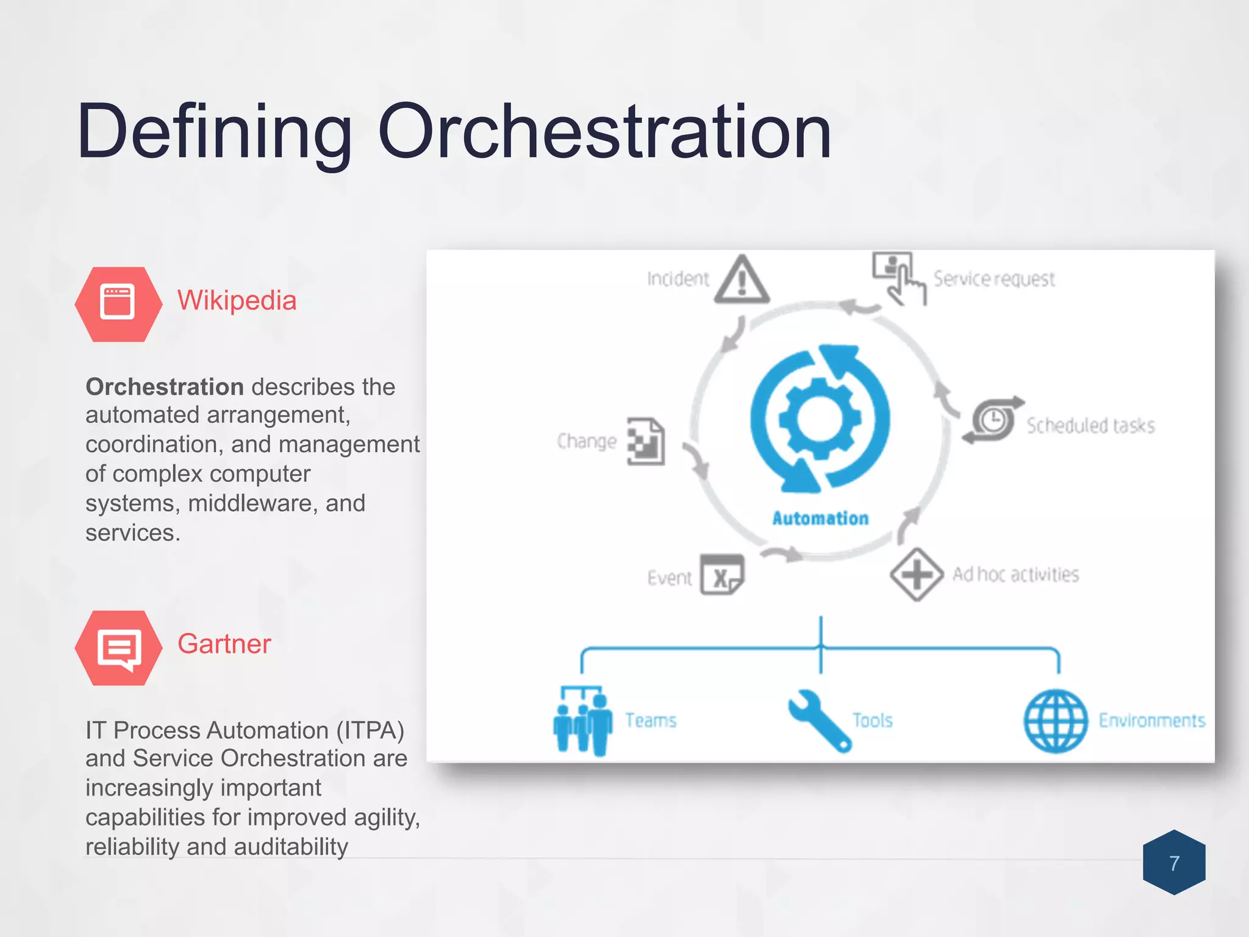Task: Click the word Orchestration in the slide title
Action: [x=604, y=132]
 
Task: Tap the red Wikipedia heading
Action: [x=237, y=301]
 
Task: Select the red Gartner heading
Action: [x=224, y=644]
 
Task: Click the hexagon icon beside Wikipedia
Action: [x=118, y=304]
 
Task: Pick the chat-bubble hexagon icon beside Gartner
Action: [x=118, y=648]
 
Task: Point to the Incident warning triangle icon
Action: [x=742, y=281]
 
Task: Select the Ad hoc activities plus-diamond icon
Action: [x=916, y=574]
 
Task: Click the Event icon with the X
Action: [x=722, y=575]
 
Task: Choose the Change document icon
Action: [x=646, y=441]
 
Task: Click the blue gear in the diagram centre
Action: [x=820, y=418]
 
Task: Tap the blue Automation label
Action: [x=820, y=519]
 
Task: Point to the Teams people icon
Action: [x=582, y=721]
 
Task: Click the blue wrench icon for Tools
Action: [x=818, y=720]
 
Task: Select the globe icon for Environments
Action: [x=1055, y=721]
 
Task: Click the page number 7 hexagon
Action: [x=1174, y=863]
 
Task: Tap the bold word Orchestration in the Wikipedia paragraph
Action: [x=165, y=387]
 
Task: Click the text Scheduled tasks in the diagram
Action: [x=1090, y=425]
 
